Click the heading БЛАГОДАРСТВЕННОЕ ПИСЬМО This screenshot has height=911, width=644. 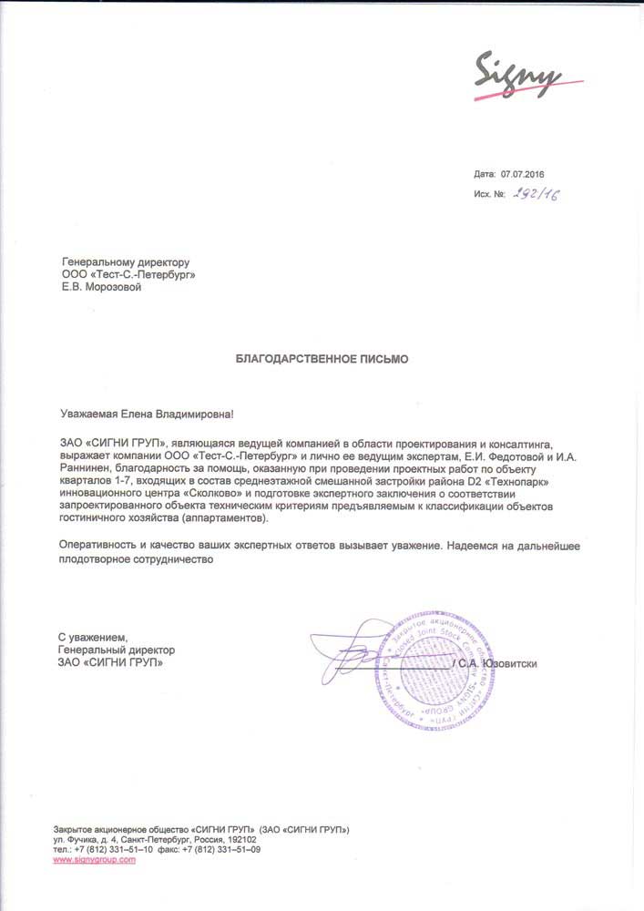click(x=322, y=359)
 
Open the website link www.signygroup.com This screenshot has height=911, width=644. click(x=95, y=859)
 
